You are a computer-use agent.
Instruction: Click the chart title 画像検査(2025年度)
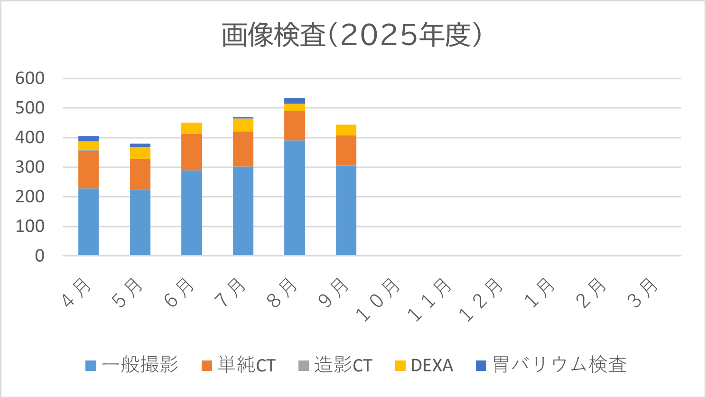pyautogui.click(x=352, y=36)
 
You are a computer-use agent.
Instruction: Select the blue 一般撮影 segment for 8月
pyautogui.click(x=295, y=198)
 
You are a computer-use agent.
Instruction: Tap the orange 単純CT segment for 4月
pyautogui.click(x=88, y=169)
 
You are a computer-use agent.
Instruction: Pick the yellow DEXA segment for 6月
pyautogui.click(x=192, y=128)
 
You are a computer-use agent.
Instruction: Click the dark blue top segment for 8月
pyautogui.click(x=295, y=101)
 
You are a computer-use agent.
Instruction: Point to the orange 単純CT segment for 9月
pyautogui.click(x=346, y=151)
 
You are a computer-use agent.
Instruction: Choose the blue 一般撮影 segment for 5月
pyautogui.click(x=140, y=222)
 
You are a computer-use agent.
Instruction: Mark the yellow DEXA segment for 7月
pyautogui.click(x=243, y=124)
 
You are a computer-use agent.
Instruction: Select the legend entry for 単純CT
pyautogui.click(x=239, y=365)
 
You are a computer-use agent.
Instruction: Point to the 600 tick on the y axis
pyautogui.click(x=30, y=78)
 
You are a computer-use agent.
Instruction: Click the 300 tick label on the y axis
pyautogui.click(x=30, y=167)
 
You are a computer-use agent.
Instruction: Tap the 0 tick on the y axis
pyautogui.click(x=40, y=256)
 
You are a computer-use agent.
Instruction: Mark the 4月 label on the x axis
pyautogui.click(x=77, y=292)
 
